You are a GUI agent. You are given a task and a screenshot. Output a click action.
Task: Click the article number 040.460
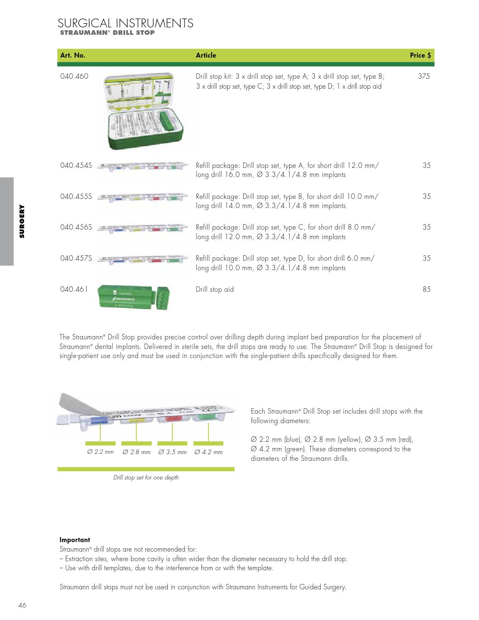pyautogui.click(x=74, y=76)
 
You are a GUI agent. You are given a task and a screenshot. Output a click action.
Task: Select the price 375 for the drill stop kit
pyautogui.click(x=424, y=76)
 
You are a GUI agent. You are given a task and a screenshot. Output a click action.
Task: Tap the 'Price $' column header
pyautogui.click(x=420, y=55)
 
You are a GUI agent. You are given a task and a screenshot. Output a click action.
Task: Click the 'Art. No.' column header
pyautogui.click(x=73, y=55)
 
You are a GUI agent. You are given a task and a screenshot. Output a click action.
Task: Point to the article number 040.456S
pyautogui.click(x=76, y=227)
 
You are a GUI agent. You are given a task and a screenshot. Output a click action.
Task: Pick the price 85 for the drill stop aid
pyautogui.click(x=426, y=289)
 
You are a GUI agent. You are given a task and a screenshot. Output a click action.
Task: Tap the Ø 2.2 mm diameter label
pyautogui.click(x=100, y=452)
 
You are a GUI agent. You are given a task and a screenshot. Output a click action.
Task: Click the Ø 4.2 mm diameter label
pyautogui.click(x=208, y=452)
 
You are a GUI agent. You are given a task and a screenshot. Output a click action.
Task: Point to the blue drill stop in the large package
pyautogui.click(x=99, y=421)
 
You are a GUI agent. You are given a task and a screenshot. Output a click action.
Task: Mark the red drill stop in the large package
pyautogui.click(x=171, y=419)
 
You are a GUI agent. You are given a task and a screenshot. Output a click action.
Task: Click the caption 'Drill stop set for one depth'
pyautogui.click(x=146, y=477)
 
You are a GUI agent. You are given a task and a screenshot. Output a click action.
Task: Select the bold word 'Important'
pyautogui.click(x=75, y=540)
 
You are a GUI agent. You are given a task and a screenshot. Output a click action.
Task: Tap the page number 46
pyautogui.click(x=22, y=605)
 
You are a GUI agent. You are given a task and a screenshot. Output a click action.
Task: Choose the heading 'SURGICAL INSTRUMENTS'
pyautogui.click(x=126, y=23)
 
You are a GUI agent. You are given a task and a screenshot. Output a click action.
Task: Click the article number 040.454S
pyautogui.click(x=76, y=165)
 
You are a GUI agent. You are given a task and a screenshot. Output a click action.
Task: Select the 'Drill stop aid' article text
pyautogui.click(x=215, y=289)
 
